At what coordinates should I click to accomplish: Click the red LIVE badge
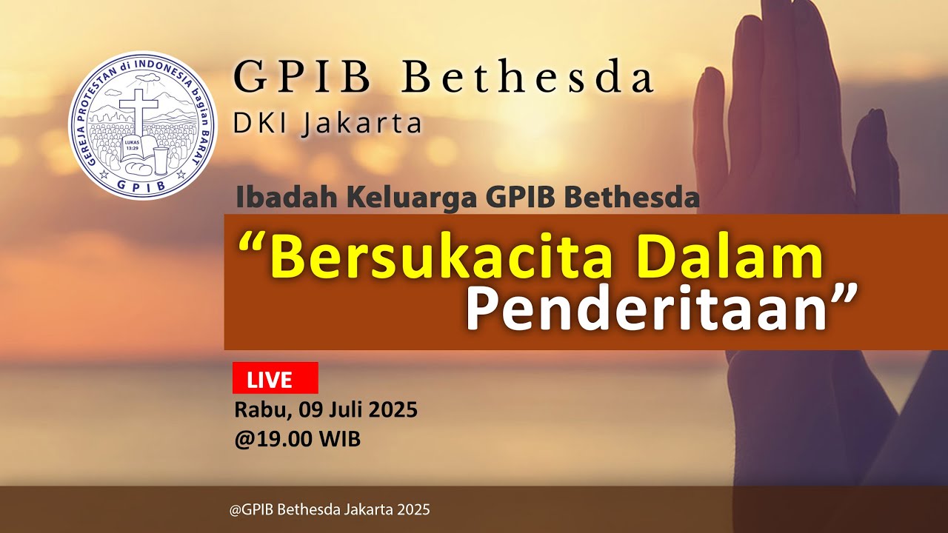(x=275, y=378)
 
